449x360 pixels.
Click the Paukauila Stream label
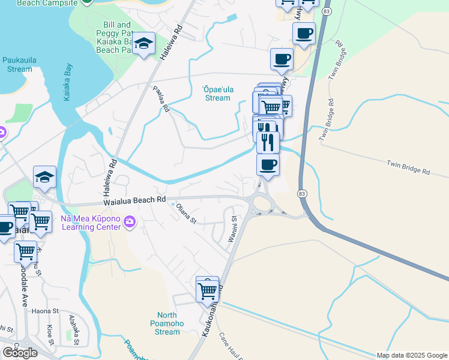pos(17,64)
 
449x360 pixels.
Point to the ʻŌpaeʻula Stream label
pos(217,93)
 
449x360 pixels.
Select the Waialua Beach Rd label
pos(134,202)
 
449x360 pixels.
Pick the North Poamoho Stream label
pos(176,323)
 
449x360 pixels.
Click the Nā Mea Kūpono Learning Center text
pos(89,223)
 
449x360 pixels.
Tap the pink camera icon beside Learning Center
pos(128,224)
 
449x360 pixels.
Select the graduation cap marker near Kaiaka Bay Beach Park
pos(144,43)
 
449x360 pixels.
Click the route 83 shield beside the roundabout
pos(302,193)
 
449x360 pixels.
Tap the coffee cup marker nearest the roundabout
pos(268,164)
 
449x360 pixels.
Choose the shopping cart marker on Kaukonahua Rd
pos(207,290)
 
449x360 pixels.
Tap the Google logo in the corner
pos(20,352)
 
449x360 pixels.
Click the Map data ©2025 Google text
pos(412,355)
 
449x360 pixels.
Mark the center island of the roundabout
pos(262,203)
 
